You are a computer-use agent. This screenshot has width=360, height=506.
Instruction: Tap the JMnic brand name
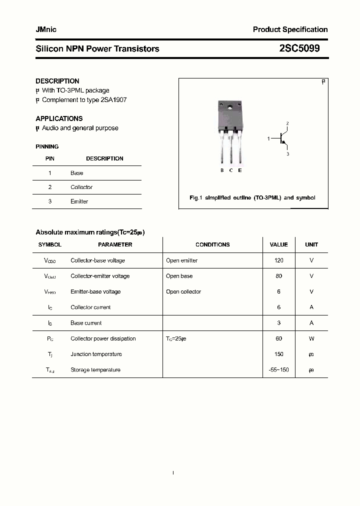coord(46,29)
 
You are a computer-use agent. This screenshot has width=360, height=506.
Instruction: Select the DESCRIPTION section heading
coord(57,81)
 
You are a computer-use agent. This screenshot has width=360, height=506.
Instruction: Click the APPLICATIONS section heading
coord(59,118)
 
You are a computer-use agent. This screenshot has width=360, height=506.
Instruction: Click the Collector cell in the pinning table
coord(81,187)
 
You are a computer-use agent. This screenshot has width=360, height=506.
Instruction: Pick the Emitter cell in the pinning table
coord(79,201)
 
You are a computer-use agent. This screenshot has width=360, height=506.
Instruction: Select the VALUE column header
coord(278,245)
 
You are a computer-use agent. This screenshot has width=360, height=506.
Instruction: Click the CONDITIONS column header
coord(212,245)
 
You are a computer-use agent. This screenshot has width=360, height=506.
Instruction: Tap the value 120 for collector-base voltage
coord(278,260)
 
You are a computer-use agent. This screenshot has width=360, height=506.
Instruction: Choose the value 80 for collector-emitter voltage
coord(278,276)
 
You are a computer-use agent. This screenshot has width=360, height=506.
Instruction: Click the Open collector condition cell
coord(183,291)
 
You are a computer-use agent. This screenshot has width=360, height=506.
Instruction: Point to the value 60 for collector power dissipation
coord(278,338)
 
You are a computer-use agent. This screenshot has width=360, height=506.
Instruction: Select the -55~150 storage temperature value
coord(278,370)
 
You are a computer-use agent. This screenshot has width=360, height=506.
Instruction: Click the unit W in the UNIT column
coord(311,338)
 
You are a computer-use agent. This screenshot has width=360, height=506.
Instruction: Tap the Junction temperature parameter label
coord(96,354)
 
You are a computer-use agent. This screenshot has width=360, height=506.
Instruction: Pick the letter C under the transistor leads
coord(231,170)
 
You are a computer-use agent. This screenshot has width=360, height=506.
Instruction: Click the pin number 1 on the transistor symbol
coord(268,138)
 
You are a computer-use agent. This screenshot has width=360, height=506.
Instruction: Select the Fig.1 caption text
coord(252,198)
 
